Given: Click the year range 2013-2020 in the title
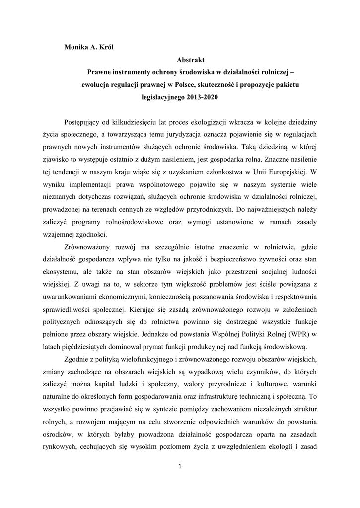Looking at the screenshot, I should (x=202, y=97).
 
